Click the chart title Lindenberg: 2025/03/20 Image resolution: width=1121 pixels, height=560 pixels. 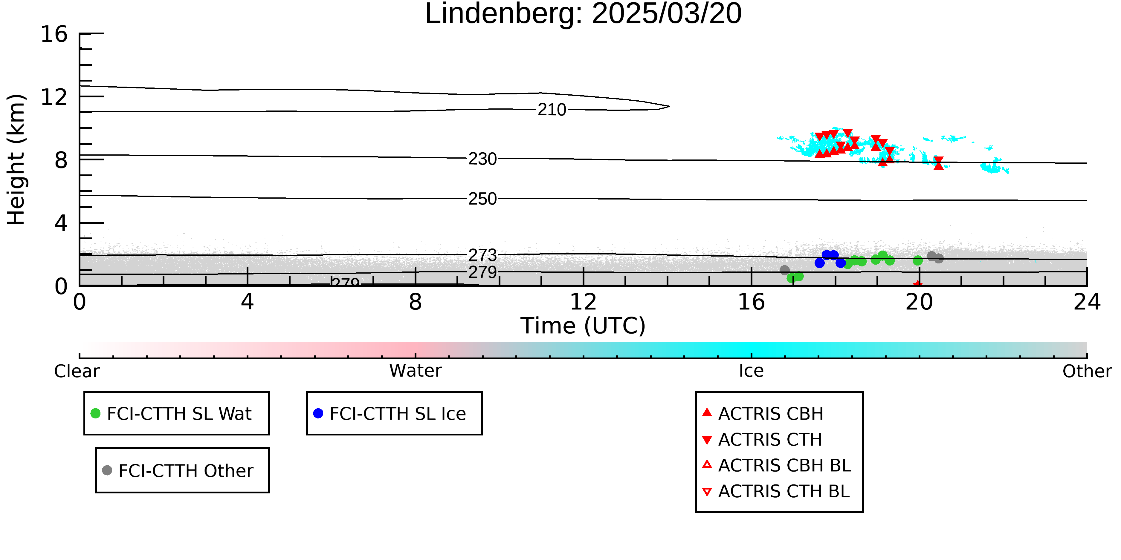click(x=583, y=14)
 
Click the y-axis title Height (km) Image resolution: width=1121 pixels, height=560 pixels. click(x=16, y=159)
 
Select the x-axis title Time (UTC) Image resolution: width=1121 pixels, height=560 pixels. click(x=583, y=326)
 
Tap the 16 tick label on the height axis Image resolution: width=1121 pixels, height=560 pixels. click(x=54, y=34)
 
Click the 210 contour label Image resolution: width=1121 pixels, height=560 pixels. click(x=552, y=110)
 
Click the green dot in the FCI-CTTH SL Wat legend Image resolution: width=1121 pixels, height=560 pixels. click(x=95, y=413)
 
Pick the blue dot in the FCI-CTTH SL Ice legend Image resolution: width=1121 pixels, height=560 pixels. click(x=318, y=413)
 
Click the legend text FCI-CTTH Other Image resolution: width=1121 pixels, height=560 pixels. click(x=186, y=471)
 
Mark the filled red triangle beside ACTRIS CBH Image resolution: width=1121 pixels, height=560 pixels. click(x=707, y=412)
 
